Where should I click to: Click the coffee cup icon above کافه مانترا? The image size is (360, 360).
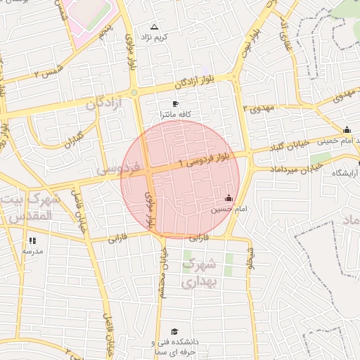pyautogui.click(x=175, y=104)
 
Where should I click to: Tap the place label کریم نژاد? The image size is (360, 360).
pyautogui.click(x=155, y=35)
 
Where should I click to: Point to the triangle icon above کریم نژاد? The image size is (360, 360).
pyautogui.click(x=155, y=26)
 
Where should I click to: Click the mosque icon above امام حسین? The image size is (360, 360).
pyautogui.click(x=228, y=199)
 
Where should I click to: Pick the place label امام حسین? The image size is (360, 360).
pyautogui.click(x=226, y=209)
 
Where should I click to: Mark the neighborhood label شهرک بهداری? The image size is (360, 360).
pyautogui.click(x=200, y=274)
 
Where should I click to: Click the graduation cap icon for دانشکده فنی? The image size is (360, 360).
pyautogui.click(x=174, y=331)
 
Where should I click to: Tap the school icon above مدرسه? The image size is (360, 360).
pyautogui.click(x=32, y=240)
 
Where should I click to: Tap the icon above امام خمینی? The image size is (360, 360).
pyautogui.click(x=347, y=130)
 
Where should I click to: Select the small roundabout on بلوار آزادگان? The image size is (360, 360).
pyautogui.click(x=134, y=92)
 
